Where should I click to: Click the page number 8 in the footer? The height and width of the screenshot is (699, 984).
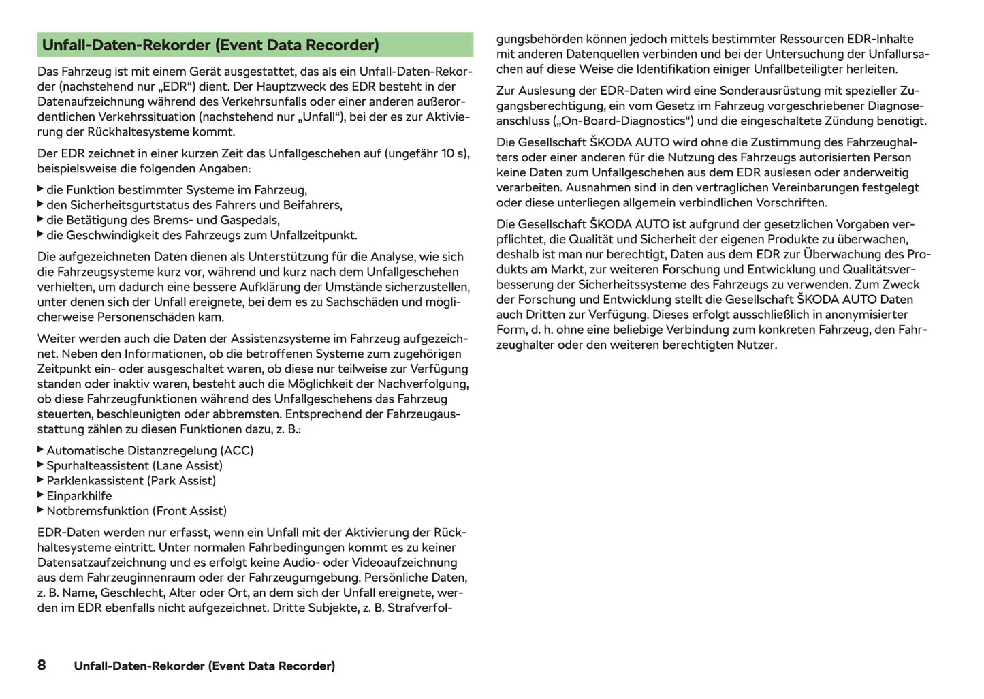(x=42, y=665)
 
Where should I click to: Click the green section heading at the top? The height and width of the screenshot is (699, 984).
(x=210, y=45)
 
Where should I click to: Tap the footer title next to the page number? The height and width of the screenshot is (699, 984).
(x=204, y=666)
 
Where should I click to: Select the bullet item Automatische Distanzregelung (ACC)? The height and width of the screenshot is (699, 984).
(x=150, y=450)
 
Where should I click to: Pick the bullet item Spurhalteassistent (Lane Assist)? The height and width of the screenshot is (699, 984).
(x=134, y=465)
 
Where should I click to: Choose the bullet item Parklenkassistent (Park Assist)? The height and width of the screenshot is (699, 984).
(x=131, y=480)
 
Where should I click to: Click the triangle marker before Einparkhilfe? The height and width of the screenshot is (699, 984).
(x=41, y=495)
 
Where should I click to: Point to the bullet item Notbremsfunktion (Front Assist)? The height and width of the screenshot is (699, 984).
(x=136, y=510)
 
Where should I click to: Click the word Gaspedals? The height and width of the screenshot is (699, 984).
(x=251, y=220)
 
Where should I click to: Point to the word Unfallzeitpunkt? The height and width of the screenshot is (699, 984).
(x=311, y=235)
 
